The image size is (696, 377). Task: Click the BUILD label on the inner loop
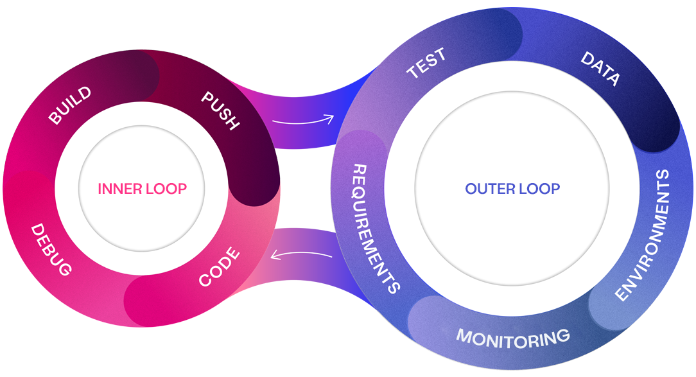tap(69, 106)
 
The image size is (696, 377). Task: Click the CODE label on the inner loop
tap(220, 267)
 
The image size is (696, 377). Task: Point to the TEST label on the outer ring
tap(426, 64)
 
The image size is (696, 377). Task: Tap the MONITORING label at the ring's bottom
tap(512, 337)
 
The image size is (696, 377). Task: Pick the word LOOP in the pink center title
tap(165, 189)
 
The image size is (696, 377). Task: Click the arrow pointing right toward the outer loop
tap(302, 119)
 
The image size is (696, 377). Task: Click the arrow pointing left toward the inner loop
tap(301, 255)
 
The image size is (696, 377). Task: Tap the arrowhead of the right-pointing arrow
tap(331, 118)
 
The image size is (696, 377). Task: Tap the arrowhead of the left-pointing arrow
tap(274, 256)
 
